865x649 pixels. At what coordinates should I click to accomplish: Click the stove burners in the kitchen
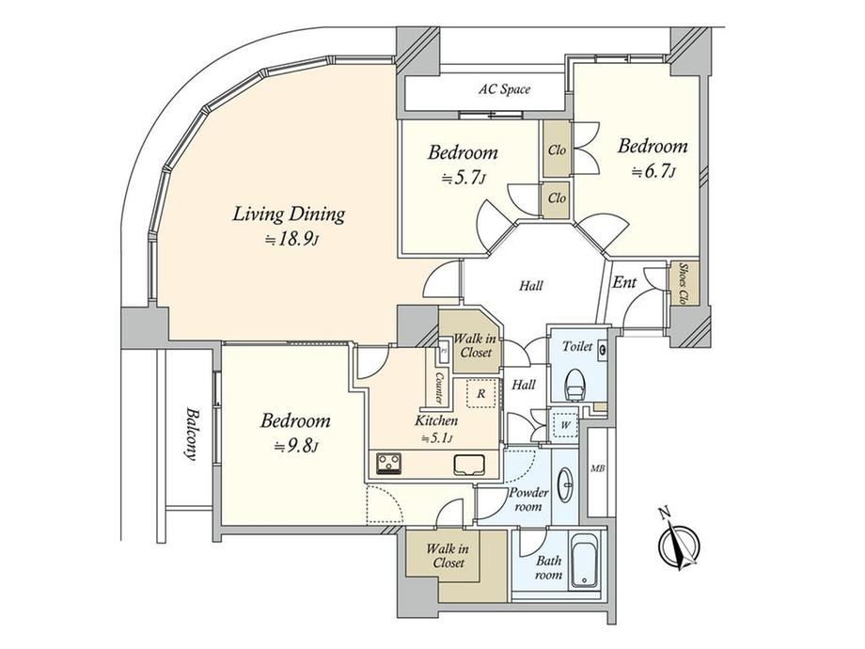click(x=389, y=463)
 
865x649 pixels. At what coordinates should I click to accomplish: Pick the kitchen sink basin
click(x=469, y=465)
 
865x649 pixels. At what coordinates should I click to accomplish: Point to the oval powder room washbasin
click(x=565, y=484)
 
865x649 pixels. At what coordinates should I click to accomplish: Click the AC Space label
click(x=504, y=88)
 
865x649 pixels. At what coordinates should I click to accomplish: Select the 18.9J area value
click(x=291, y=240)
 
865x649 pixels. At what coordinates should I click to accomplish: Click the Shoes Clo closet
click(x=684, y=283)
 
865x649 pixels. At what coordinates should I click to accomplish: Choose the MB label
click(x=598, y=469)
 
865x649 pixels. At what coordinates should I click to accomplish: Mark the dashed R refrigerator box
click(x=481, y=393)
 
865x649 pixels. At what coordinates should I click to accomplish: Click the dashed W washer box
click(x=565, y=425)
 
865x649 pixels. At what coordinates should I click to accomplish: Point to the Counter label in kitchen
click(x=440, y=388)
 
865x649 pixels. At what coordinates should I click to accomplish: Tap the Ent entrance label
click(x=624, y=282)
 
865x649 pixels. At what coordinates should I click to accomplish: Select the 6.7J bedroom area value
click(x=653, y=172)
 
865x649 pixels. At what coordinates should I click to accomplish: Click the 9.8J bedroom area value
click(x=296, y=447)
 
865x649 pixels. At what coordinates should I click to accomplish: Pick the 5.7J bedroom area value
click(x=464, y=178)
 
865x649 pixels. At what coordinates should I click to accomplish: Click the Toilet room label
click(x=577, y=346)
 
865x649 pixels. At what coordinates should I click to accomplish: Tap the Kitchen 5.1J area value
click(x=437, y=438)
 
